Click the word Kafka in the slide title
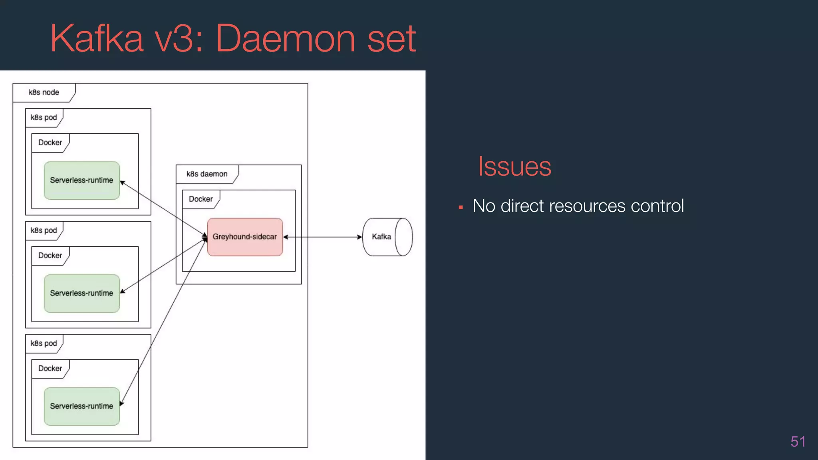[96, 39]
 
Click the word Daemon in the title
[285, 39]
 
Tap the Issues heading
[514, 167]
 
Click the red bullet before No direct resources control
[461, 208]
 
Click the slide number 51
[798, 442]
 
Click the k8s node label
[44, 93]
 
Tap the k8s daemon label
[207, 174]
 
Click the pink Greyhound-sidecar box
[245, 237]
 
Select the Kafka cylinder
[387, 237]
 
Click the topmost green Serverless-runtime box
[81, 180]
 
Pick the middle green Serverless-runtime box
[81, 293]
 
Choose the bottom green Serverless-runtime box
[81, 406]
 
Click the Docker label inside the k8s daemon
[201, 199]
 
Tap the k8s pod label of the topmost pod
[44, 118]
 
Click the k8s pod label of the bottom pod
[44, 344]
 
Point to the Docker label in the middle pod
[50, 256]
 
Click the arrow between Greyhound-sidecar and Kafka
[323, 237]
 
